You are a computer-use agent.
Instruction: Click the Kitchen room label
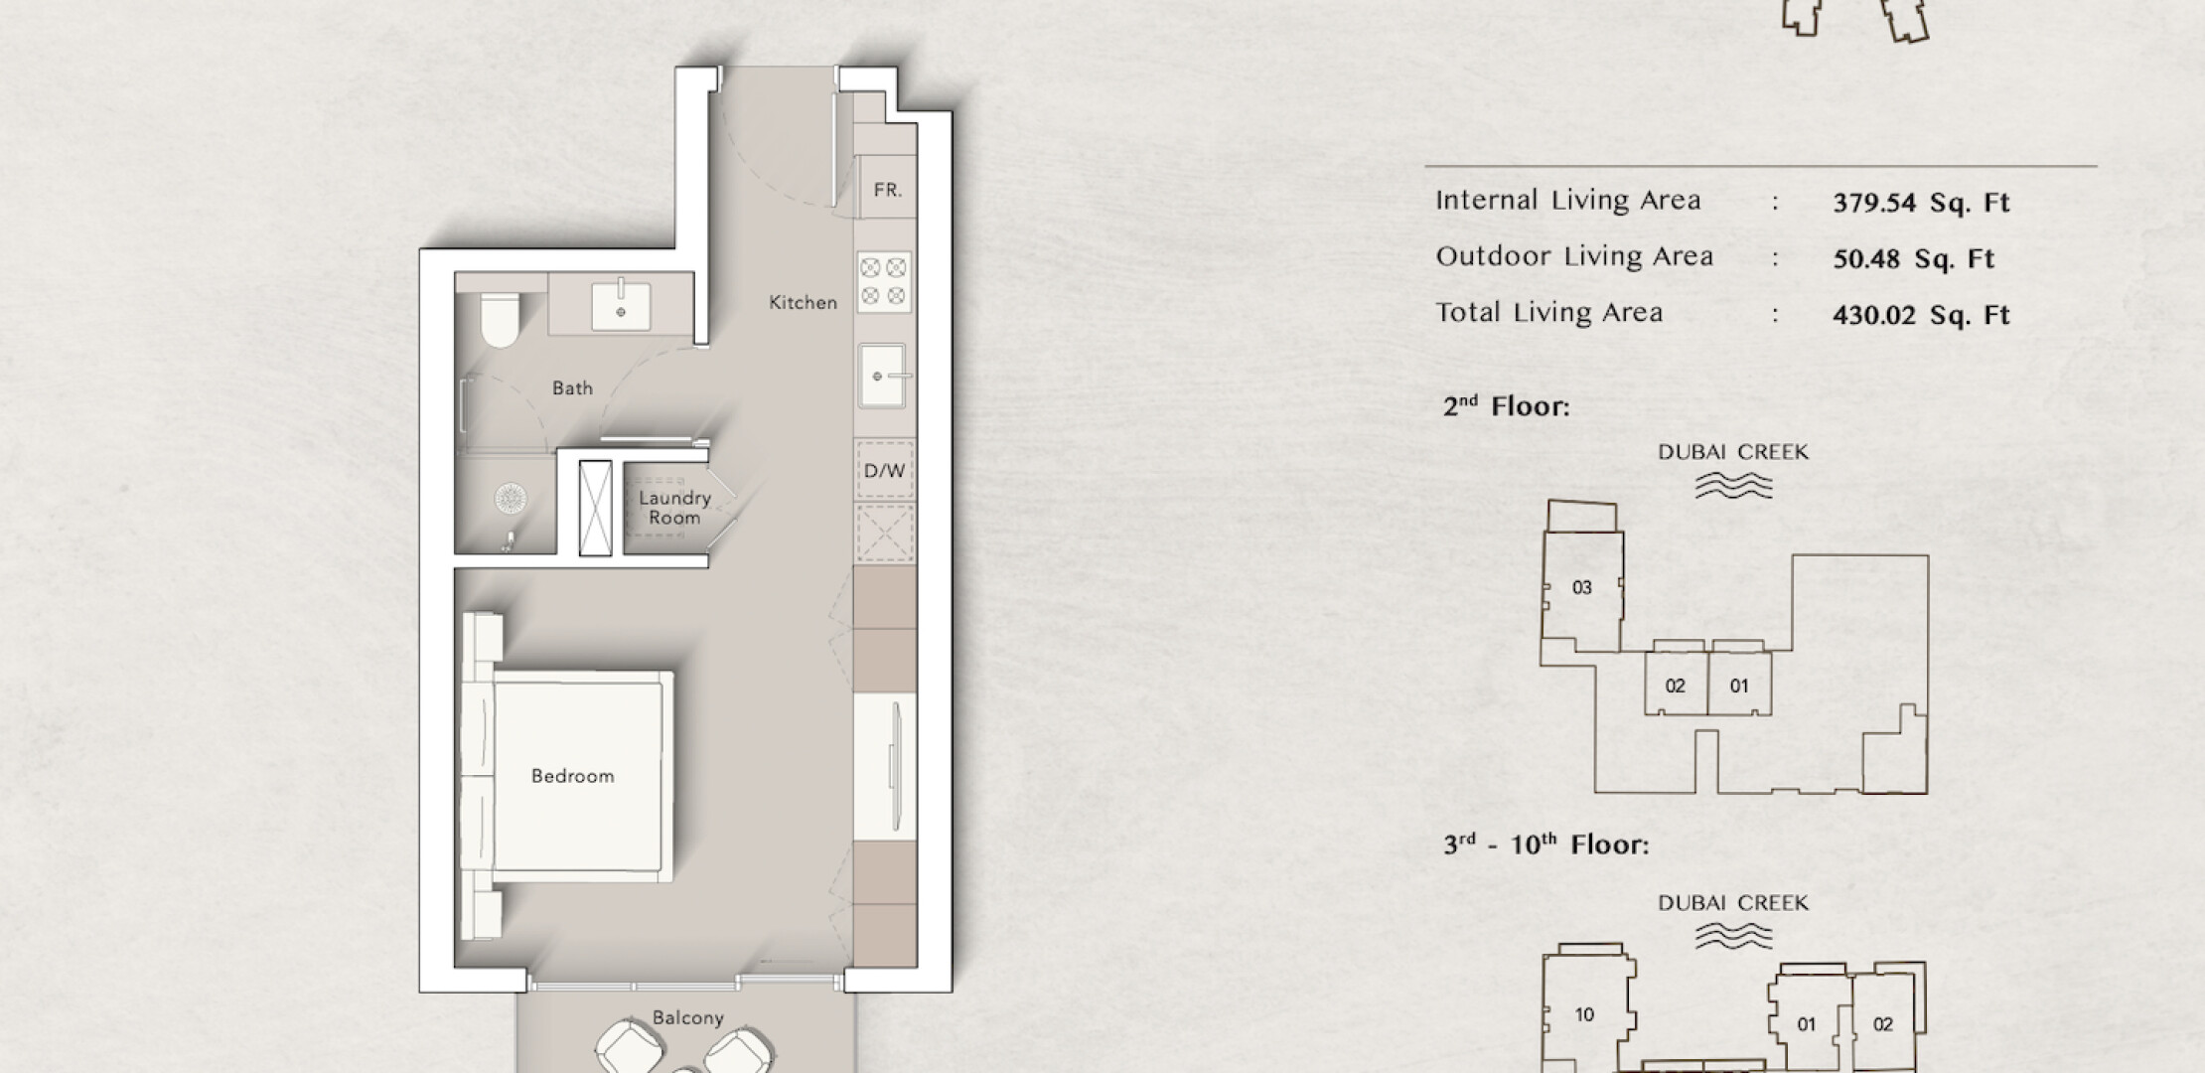click(803, 302)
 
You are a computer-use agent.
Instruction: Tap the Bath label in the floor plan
click(572, 388)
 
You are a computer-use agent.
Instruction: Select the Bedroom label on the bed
click(572, 776)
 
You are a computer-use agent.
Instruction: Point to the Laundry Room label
click(674, 508)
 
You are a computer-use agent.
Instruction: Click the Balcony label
click(687, 1018)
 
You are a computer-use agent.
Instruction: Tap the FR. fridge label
click(888, 190)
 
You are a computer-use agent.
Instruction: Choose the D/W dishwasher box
click(885, 471)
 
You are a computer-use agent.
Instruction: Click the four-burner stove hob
click(884, 281)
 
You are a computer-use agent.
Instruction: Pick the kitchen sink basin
click(882, 376)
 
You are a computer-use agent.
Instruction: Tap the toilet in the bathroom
click(500, 319)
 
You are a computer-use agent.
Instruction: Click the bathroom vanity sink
click(622, 306)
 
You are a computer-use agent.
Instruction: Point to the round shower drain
click(511, 498)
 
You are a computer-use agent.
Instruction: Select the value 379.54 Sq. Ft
click(1921, 203)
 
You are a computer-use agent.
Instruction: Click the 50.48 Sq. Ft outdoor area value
click(1913, 259)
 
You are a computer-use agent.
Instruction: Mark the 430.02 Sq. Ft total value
click(1921, 316)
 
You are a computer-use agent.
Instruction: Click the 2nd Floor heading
click(1506, 406)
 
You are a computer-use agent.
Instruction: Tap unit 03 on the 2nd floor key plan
click(1582, 588)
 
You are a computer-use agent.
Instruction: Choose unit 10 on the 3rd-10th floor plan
click(1584, 1015)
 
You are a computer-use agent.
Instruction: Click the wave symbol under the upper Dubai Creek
click(1733, 485)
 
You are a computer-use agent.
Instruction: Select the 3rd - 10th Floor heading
click(1545, 845)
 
